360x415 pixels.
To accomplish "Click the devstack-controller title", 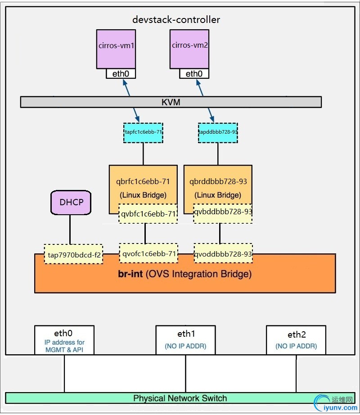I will tap(176, 20).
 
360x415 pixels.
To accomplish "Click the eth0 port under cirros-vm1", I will tap(121, 73).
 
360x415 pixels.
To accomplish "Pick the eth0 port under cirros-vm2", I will tap(194, 73).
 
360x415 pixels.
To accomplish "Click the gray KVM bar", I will tap(171, 102).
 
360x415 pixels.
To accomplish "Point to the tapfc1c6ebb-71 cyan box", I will tap(143, 132).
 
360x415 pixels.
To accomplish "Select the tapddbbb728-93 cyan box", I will tap(218, 132).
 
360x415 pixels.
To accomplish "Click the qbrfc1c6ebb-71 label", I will tap(143, 182).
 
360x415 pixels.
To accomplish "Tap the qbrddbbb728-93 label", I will tap(218, 182).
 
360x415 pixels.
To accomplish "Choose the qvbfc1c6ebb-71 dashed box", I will tap(148, 214).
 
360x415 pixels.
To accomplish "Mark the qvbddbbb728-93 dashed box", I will tap(223, 212).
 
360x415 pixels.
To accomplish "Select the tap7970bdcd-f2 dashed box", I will tap(73, 254).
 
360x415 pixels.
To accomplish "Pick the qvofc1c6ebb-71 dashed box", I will tap(148, 253).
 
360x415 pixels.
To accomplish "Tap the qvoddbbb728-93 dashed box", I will tap(223, 254).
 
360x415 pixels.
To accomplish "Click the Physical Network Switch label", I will tap(180, 398).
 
